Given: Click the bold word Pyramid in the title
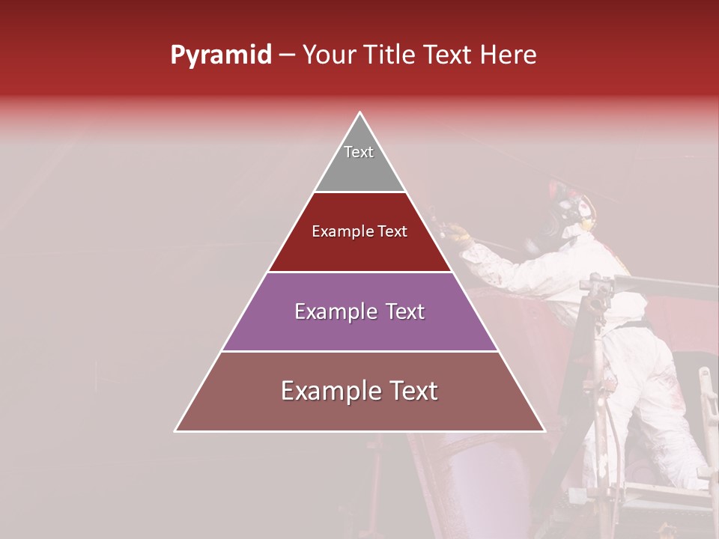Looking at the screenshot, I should [x=220, y=55].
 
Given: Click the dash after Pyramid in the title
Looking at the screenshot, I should [x=287, y=56].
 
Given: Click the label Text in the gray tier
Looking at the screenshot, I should [x=359, y=152].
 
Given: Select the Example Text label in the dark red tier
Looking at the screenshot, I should [x=359, y=231].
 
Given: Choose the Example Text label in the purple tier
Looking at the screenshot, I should [x=359, y=311].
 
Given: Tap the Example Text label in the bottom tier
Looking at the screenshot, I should [x=359, y=391].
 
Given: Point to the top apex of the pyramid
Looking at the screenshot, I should [x=360, y=113].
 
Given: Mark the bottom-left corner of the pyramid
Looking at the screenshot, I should [x=175, y=431].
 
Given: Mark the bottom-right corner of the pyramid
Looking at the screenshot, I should [x=544, y=431].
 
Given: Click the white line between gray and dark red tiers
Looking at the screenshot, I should [x=359, y=192].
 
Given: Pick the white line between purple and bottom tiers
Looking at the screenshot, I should [x=359, y=351].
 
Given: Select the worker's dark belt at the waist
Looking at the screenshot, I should [x=634, y=324].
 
